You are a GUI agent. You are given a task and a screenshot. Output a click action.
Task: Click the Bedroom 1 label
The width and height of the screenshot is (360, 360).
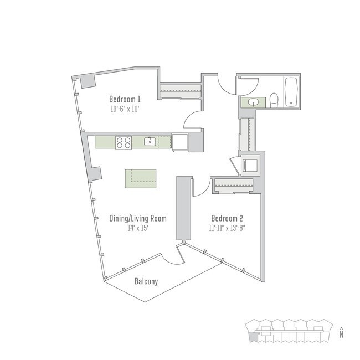125,100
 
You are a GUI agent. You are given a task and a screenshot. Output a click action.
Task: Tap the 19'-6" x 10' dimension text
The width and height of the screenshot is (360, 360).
125,109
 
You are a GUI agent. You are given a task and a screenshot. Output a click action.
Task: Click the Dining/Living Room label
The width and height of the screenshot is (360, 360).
138,218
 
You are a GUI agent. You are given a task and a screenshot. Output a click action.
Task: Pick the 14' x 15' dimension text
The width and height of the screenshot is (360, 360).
138,228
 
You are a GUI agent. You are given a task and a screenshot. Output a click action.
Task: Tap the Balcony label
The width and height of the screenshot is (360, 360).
146,281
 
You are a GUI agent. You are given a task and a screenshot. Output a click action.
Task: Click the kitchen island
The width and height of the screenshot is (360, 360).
140,178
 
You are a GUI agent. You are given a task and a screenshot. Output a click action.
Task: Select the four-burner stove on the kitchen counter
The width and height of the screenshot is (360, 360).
124,142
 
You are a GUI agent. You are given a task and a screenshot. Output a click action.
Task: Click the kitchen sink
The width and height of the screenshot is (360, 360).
150,142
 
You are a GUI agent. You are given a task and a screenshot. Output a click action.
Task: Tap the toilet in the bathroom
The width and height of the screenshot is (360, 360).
274,100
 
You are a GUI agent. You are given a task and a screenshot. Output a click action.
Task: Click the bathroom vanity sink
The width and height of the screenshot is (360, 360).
254,102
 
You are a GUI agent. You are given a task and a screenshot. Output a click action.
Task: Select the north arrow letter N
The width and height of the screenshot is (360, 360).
342,334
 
